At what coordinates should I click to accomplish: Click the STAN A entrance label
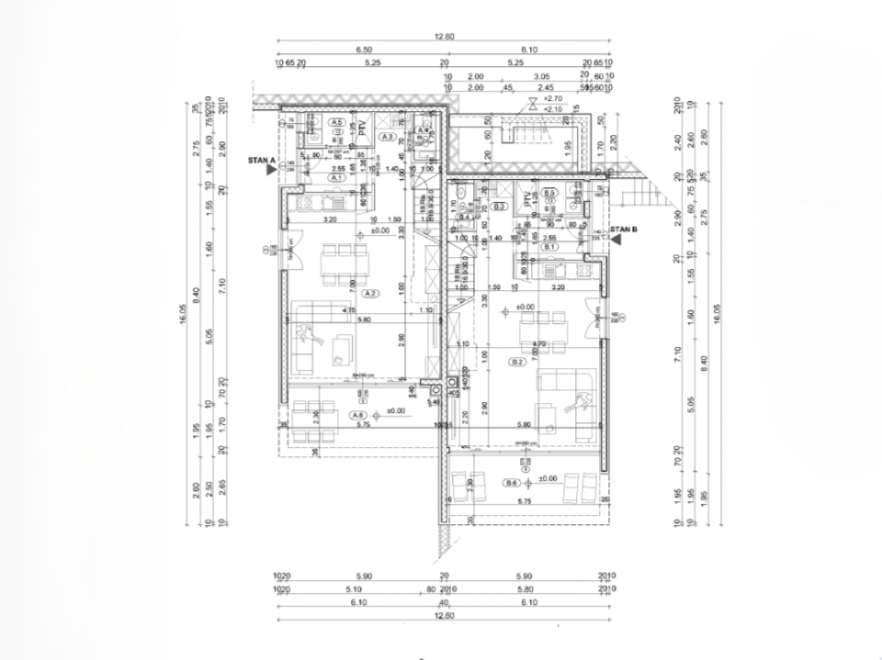tap(262, 160)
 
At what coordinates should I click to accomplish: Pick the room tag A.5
tap(337, 122)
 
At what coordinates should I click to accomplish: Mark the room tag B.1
tap(549, 247)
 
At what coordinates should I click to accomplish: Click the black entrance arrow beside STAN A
tap(272, 170)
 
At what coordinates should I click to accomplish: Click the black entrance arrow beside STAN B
tap(616, 239)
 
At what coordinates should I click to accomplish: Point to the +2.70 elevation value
tap(552, 98)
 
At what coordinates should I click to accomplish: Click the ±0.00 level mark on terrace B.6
tap(547, 478)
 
